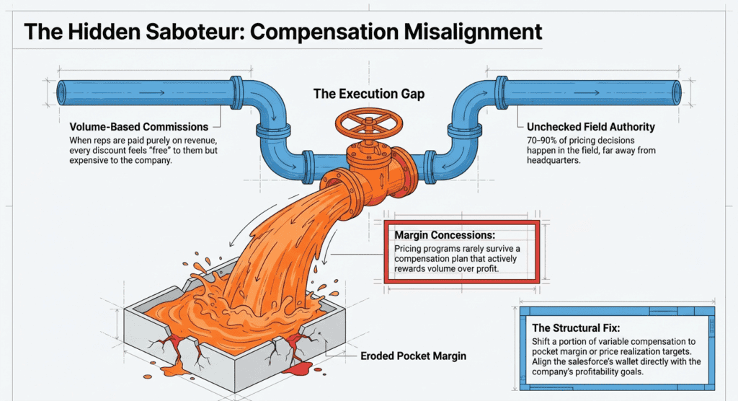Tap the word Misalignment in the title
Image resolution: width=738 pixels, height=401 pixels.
pyautogui.click(x=473, y=32)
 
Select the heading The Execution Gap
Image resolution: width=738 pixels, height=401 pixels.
pyautogui.click(x=369, y=94)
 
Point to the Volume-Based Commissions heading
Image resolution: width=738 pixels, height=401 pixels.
pyautogui.click(x=139, y=127)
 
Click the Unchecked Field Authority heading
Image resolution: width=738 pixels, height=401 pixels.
pyautogui.click(x=591, y=127)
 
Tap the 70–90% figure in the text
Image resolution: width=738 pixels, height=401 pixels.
pyautogui.click(x=541, y=141)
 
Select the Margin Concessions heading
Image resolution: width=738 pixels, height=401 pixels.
pyautogui.click(x=445, y=234)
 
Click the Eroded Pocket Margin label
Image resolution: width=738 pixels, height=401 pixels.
pyautogui.click(x=413, y=356)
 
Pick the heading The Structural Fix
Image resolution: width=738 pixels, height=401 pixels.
pyautogui.click(x=576, y=328)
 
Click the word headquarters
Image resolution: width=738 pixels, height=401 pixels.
pyautogui.click(x=553, y=160)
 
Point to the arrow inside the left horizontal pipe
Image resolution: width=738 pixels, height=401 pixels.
pyautogui.click(x=151, y=93)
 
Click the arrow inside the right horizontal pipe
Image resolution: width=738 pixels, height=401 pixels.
pyautogui.click(x=587, y=93)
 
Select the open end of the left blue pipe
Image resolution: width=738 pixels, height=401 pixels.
pyautogui.click(x=62, y=93)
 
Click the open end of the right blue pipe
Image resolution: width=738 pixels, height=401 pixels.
pyautogui.click(x=676, y=92)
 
